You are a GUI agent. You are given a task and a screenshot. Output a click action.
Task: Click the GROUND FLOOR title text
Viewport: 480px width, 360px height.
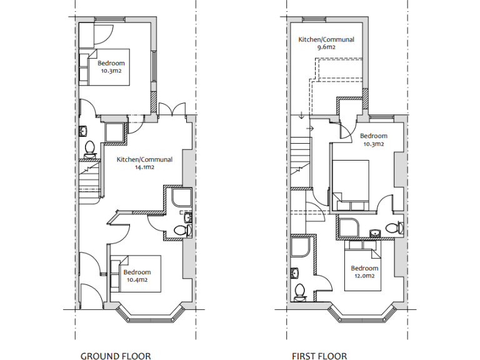(116, 356)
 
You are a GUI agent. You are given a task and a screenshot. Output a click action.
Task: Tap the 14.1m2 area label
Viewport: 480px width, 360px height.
(144, 167)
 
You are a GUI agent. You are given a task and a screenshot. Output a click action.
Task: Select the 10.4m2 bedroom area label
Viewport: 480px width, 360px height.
(136, 280)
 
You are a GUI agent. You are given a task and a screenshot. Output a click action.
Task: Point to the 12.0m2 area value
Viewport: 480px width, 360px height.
(364, 276)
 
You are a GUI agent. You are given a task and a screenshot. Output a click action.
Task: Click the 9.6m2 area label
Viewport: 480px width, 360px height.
(326, 47)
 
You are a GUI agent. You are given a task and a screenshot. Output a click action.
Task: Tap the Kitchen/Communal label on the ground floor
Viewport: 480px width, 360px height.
(144, 160)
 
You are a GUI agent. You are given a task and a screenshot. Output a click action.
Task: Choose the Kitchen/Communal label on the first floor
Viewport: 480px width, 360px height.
(326, 39)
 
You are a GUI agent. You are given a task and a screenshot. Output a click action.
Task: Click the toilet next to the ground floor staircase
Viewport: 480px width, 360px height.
(89, 148)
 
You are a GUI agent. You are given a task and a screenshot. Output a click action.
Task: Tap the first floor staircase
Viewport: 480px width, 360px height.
(301, 162)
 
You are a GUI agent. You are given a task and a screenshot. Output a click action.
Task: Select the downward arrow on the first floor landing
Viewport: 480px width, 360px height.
(301, 116)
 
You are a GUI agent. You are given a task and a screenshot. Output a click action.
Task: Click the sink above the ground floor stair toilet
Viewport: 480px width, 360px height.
(84, 131)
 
